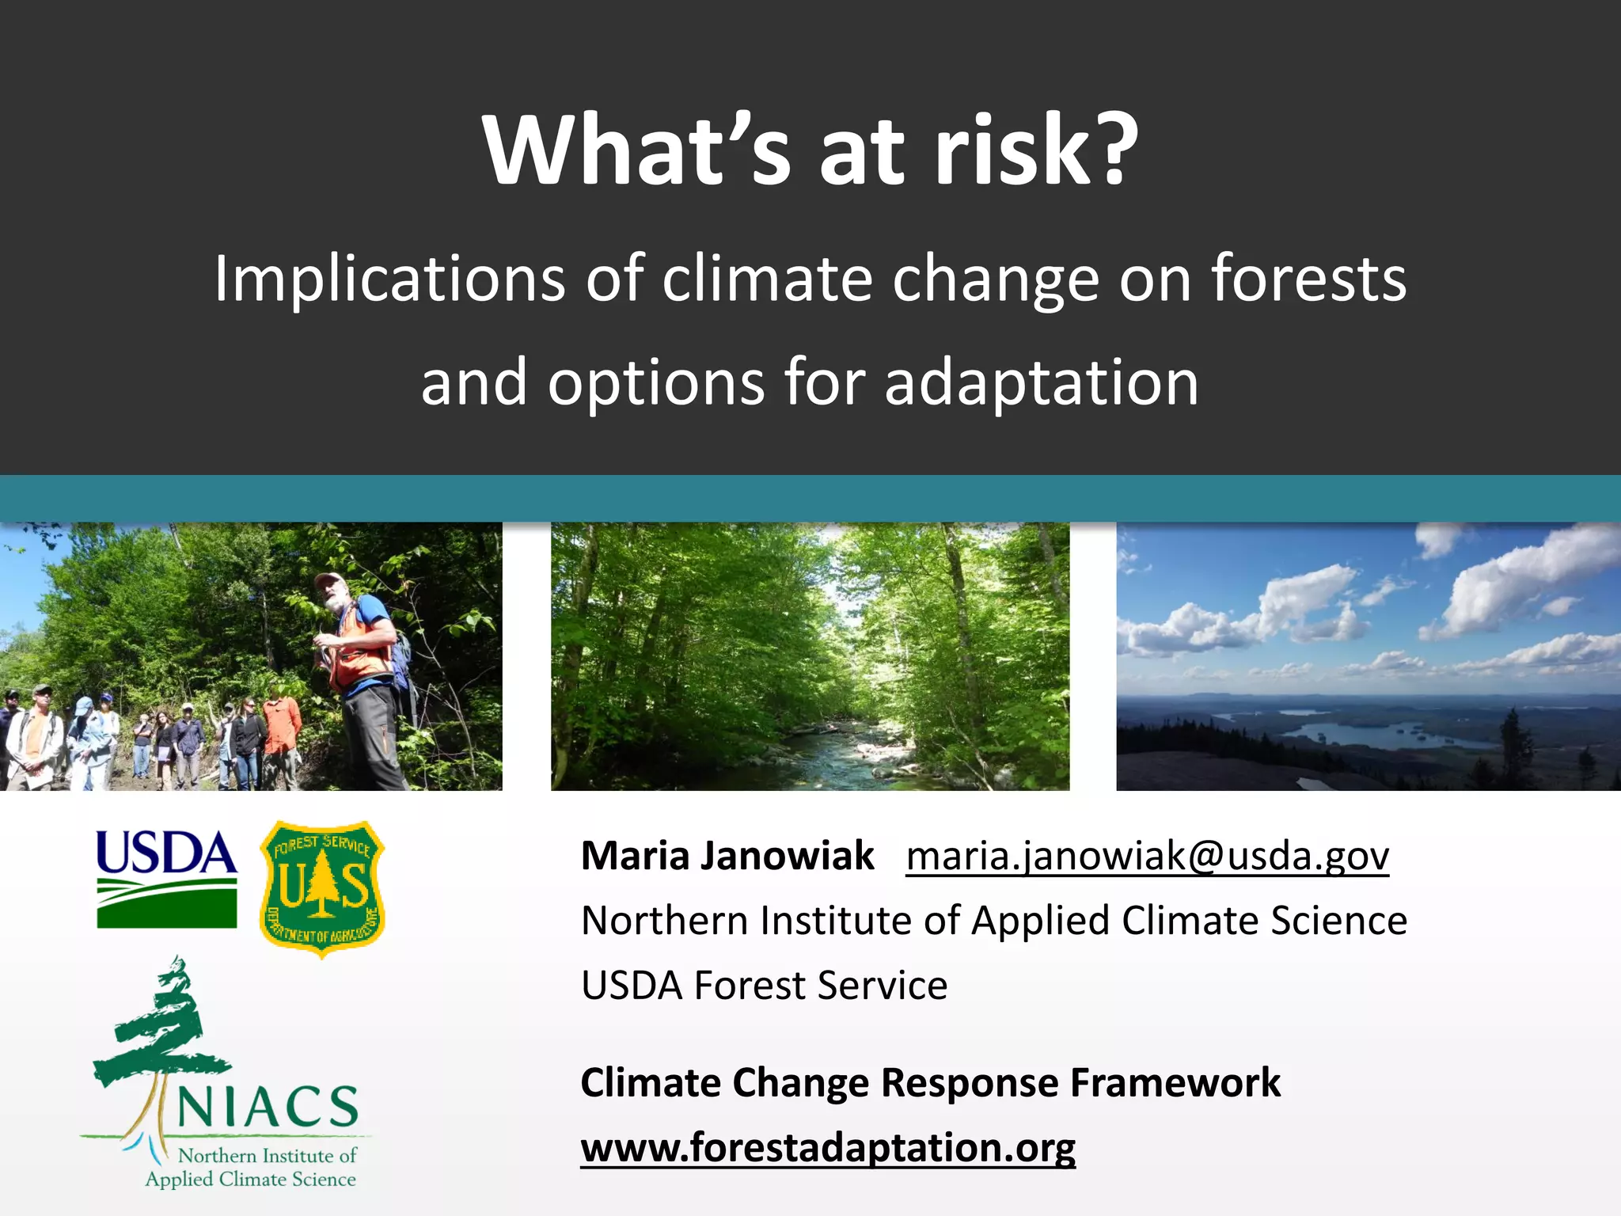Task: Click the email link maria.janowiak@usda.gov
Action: coord(1147,856)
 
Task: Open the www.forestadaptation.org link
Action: coord(828,1147)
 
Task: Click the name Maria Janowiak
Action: coord(727,856)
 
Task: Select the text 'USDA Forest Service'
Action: coord(764,986)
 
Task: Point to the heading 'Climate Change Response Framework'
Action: coord(930,1082)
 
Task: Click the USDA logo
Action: coord(166,879)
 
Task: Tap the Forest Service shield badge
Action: coord(322,889)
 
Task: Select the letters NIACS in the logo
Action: coord(268,1107)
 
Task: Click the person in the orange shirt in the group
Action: coord(281,732)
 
